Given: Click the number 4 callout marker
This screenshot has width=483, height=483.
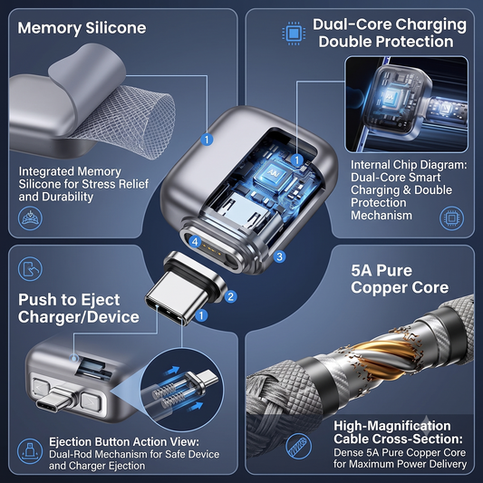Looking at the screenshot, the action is (195, 242).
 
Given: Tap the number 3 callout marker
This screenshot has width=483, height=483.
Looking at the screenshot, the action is (279, 256).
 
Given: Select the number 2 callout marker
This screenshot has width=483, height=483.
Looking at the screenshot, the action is (231, 296).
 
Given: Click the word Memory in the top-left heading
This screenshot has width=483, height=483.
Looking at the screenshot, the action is (50, 28).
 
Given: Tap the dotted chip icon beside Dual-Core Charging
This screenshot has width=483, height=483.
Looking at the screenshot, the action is (294, 33).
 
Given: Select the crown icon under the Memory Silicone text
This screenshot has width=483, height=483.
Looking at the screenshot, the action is (30, 218).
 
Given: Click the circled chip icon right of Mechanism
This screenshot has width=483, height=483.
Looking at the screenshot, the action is (451, 218).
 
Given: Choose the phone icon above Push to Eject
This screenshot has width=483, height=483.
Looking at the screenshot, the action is (30, 268).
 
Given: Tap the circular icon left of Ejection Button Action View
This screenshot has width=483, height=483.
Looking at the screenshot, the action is (30, 451).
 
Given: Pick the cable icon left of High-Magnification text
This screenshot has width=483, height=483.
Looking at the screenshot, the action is (298, 446).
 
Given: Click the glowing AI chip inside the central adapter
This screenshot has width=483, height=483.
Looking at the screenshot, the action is (273, 173).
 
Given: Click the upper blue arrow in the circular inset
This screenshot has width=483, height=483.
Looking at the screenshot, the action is (172, 371).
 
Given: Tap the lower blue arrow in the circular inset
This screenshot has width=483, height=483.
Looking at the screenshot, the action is (196, 406).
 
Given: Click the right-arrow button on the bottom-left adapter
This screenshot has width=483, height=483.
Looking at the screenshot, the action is (91, 401).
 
